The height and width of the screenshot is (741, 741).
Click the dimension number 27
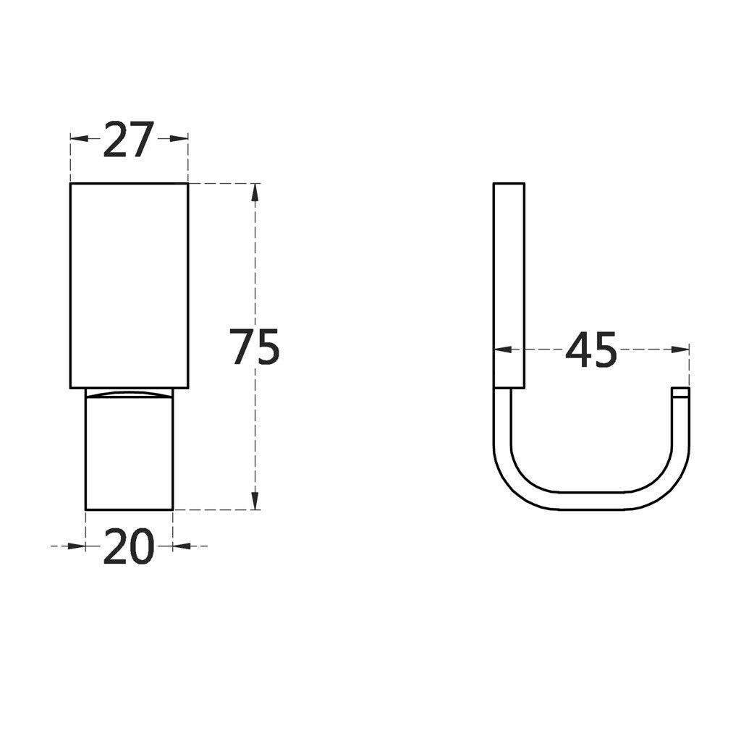coord(129,140)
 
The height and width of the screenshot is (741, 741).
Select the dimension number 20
coord(129,546)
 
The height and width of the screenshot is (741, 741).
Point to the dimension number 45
coord(591,350)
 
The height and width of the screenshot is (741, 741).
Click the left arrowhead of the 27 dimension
coord(80,138)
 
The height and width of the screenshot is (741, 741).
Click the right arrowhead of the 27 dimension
coord(179,138)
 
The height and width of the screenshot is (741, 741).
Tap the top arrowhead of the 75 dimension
coord(255,192)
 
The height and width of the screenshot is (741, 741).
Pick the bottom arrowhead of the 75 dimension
coord(255,501)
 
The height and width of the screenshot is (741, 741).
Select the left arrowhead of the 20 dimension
coord(77,546)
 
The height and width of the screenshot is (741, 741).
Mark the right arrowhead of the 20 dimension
coord(182,546)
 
